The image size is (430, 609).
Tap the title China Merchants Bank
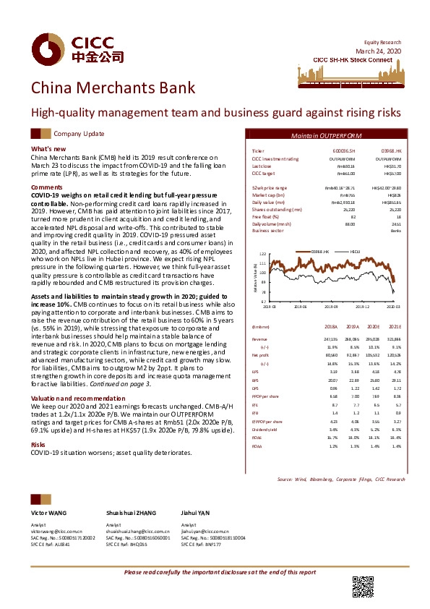(x=112, y=88)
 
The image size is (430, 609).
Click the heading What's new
(x=49, y=148)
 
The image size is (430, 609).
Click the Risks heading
(x=38, y=424)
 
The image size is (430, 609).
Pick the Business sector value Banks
(x=395, y=231)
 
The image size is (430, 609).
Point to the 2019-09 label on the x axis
(x=332, y=307)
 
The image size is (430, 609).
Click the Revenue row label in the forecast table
(x=259, y=338)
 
